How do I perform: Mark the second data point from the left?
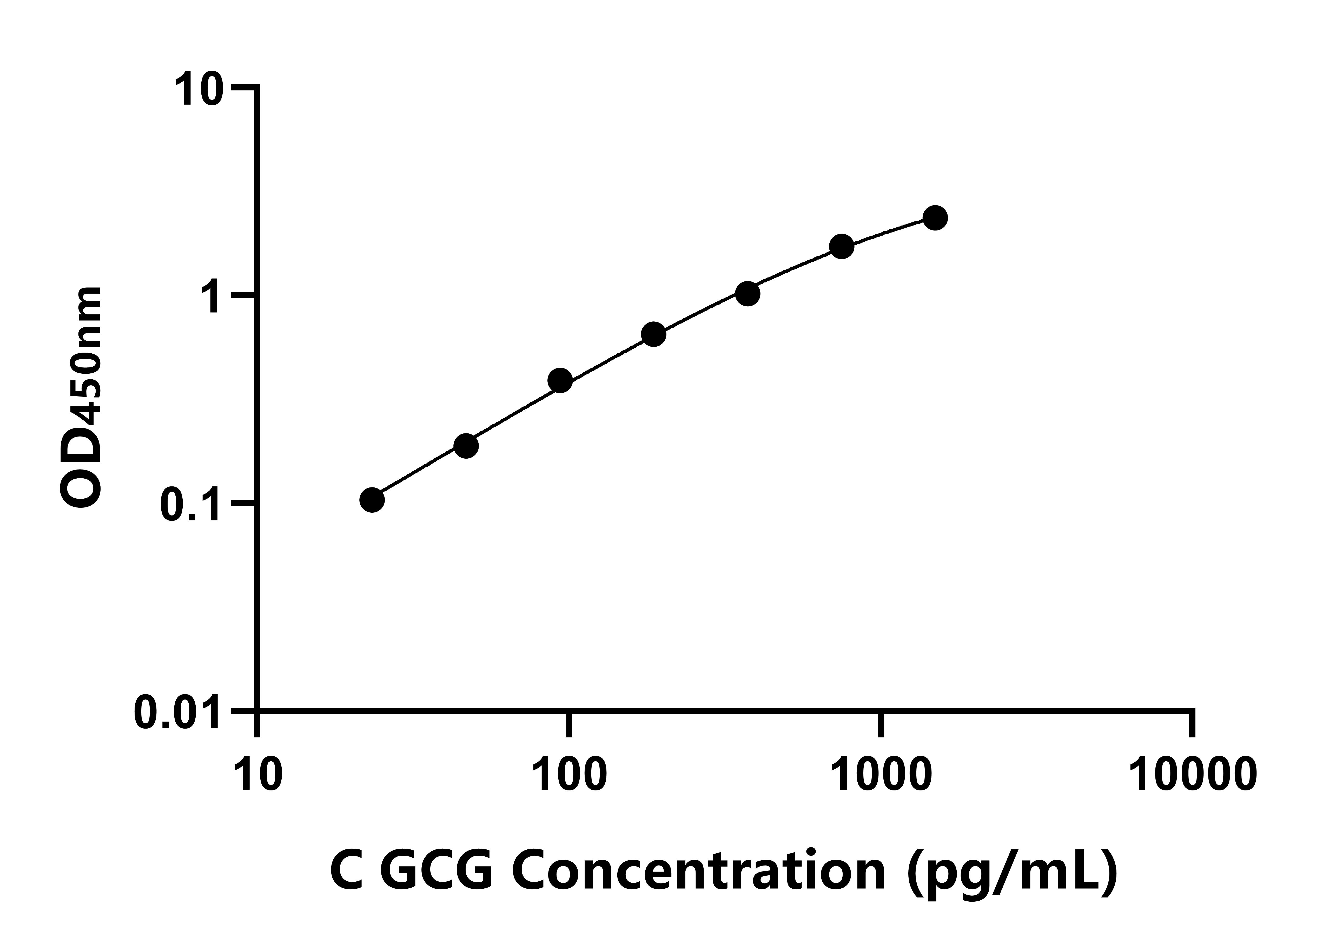tap(466, 446)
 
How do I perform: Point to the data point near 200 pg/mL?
tap(654, 334)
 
